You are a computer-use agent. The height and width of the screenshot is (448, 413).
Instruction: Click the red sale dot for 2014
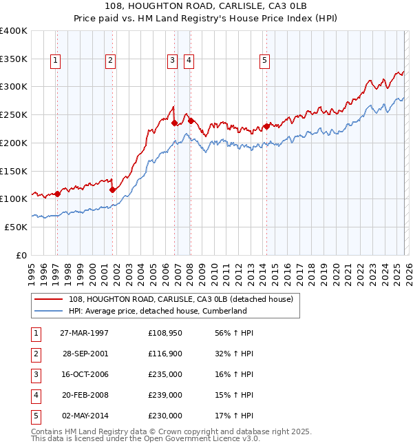(266, 126)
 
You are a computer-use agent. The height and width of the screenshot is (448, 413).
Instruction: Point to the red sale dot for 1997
(57, 194)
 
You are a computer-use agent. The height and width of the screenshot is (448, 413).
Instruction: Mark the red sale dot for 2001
(112, 189)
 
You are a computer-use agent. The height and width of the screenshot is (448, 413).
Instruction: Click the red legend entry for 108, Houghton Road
(181, 299)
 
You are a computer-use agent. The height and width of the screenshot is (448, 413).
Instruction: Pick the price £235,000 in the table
(165, 374)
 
